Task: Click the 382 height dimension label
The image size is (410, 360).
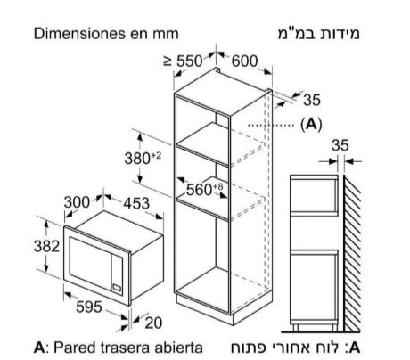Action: click(x=46, y=246)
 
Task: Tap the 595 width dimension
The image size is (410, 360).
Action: click(x=89, y=307)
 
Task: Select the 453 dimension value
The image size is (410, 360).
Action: click(x=136, y=203)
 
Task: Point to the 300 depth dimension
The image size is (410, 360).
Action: click(x=77, y=202)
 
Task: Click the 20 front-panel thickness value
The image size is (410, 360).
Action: click(x=153, y=323)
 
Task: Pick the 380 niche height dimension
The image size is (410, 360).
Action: click(x=143, y=158)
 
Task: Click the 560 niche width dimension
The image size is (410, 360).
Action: click(x=204, y=189)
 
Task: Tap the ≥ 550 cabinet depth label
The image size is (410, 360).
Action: click(x=183, y=61)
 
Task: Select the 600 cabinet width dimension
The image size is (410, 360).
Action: click(x=244, y=61)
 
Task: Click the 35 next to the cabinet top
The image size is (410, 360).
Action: click(x=312, y=100)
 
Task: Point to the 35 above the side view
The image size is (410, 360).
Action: click(x=340, y=145)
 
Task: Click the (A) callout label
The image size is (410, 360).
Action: click(x=311, y=124)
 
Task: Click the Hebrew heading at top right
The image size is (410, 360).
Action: click(x=319, y=34)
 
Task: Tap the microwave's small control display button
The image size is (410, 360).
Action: click(x=117, y=287)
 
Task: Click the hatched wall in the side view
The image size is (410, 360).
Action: click(x=352, y=253)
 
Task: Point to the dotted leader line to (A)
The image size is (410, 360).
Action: click(x=271, y=126)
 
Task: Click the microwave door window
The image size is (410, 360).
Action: click(x=90, y=263)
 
